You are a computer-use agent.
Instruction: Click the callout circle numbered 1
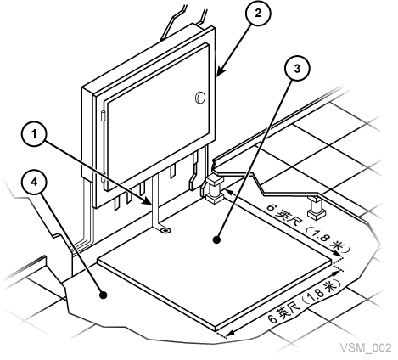tap(34, 133)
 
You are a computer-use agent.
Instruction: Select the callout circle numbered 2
tap(258, 14)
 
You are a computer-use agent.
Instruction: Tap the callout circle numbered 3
tap(297, 69)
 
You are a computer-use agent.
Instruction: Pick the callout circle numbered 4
tap(34, 183)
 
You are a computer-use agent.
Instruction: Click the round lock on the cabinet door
tap(200, 98)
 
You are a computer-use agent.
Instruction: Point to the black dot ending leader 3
tap(216, 239)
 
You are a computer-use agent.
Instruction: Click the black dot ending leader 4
tap(104, 295)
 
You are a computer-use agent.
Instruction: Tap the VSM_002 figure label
tap(366, 347)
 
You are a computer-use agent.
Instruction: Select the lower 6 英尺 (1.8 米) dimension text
tap(304, 302)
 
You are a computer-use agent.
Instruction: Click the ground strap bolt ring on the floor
tap(165, 230)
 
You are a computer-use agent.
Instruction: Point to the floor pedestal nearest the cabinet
tap(214, 188)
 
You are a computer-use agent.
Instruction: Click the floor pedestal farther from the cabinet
tap(316, 208)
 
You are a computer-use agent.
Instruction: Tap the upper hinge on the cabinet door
tap(103, 116)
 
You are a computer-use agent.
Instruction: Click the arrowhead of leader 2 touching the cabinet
tap(220, 72)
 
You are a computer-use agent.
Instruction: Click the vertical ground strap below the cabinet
tap(155, 201)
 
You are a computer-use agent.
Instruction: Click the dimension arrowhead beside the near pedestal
tap(229, 193)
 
